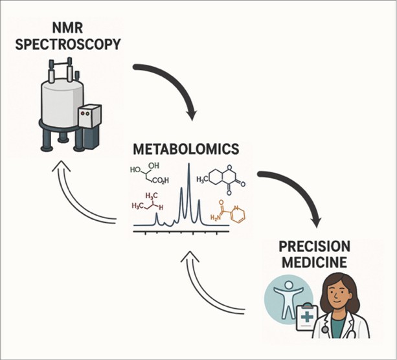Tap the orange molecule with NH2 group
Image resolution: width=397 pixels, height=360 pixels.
pyautogui.click(x=231, y=211)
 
